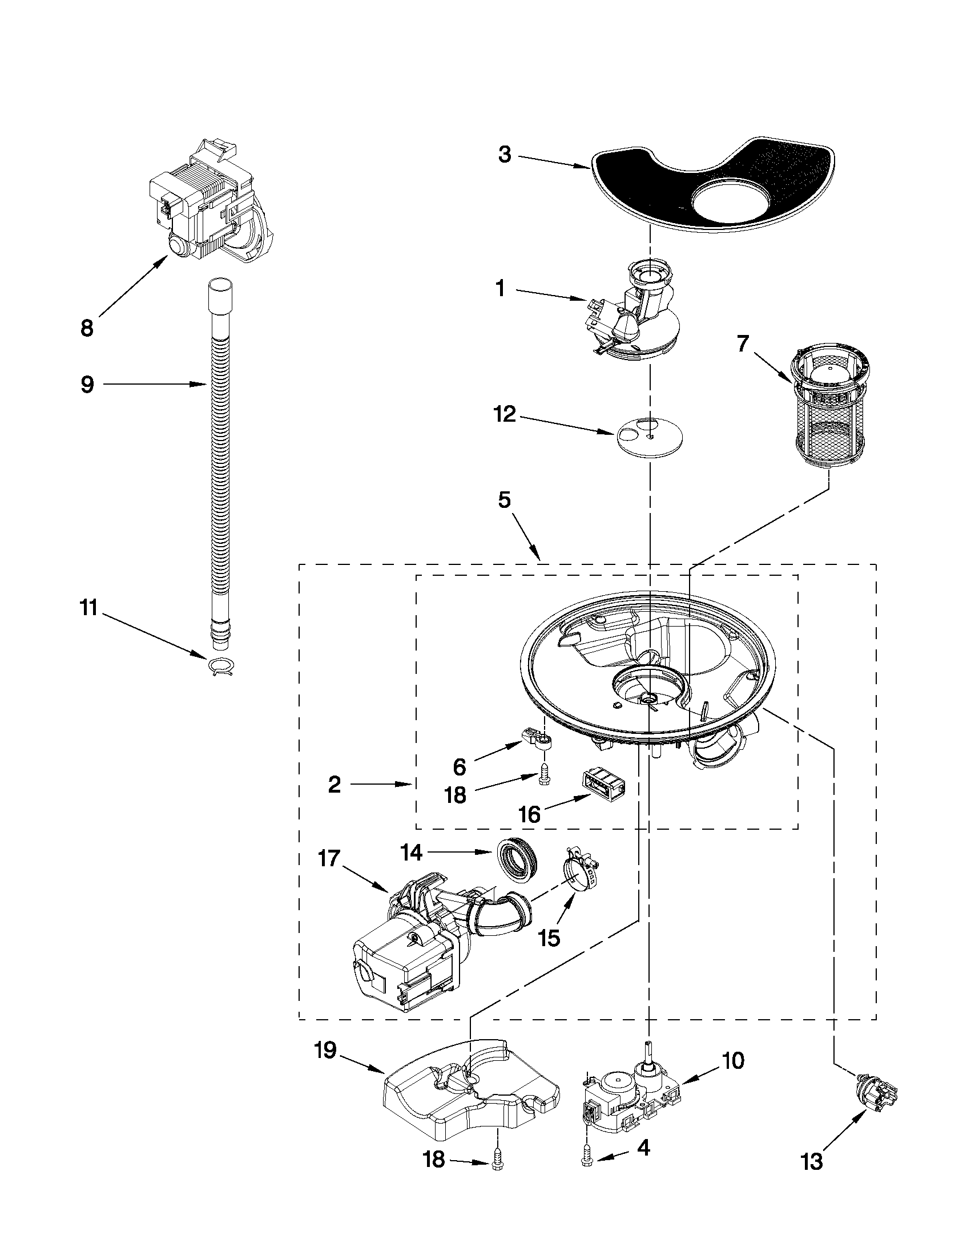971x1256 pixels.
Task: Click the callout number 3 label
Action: (x=505, y=155)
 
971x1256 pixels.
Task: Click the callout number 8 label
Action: (x=87, y=328)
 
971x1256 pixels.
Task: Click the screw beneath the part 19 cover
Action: (x=498, y=1162)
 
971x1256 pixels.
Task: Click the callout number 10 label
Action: (x=732, y=1060)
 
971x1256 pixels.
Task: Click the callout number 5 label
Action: (x=504, y=500)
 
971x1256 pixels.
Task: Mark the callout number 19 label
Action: (x=325, y=1049)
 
